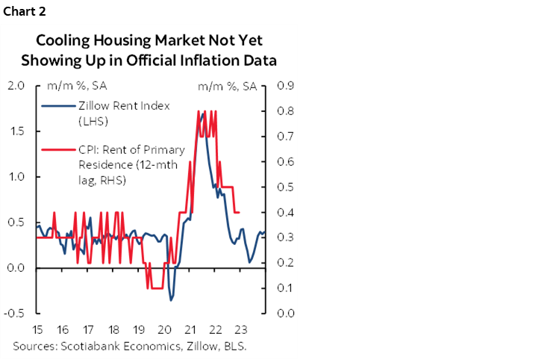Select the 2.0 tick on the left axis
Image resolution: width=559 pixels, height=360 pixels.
coord(16,86)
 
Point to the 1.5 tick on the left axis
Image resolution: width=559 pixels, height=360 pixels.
coord(16,131)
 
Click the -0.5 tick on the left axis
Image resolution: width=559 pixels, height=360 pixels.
coord(13,313)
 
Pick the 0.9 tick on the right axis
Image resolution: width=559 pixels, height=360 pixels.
coord(287,86)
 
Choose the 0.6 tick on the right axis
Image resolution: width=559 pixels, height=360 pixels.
coord(287,161)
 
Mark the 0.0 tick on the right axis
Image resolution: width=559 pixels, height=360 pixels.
coord(287,313)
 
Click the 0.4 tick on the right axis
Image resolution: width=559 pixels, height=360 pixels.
coord(287,212)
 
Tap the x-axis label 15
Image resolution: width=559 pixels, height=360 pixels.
coord(37,329)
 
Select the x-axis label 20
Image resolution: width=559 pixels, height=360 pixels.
coord(164,329)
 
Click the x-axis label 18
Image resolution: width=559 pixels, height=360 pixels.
coord(113,329)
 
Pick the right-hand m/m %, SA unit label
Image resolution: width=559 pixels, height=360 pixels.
coord(227,87)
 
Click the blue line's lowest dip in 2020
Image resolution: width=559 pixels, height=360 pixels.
coord(171,300)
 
